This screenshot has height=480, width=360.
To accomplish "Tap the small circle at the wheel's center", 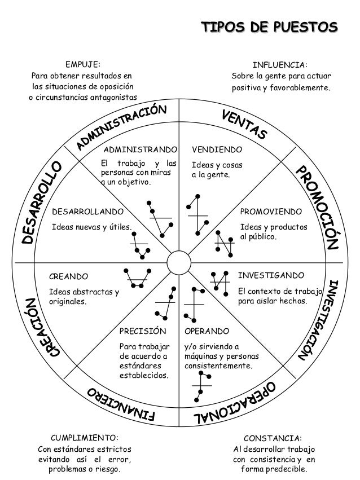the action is [179, 263].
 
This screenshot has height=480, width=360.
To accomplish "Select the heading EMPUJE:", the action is [84, 65].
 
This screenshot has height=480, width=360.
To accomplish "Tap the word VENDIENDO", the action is [217, 151].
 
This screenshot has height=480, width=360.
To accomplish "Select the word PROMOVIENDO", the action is [271, 212].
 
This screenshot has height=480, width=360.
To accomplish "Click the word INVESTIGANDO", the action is [271, 275].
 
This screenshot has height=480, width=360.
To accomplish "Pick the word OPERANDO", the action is [207, 331].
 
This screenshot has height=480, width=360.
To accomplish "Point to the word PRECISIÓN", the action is [144, 331].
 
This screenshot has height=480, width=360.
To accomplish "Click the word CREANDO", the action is [69, 277].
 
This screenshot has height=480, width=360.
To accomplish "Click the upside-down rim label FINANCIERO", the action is [121, 404].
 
